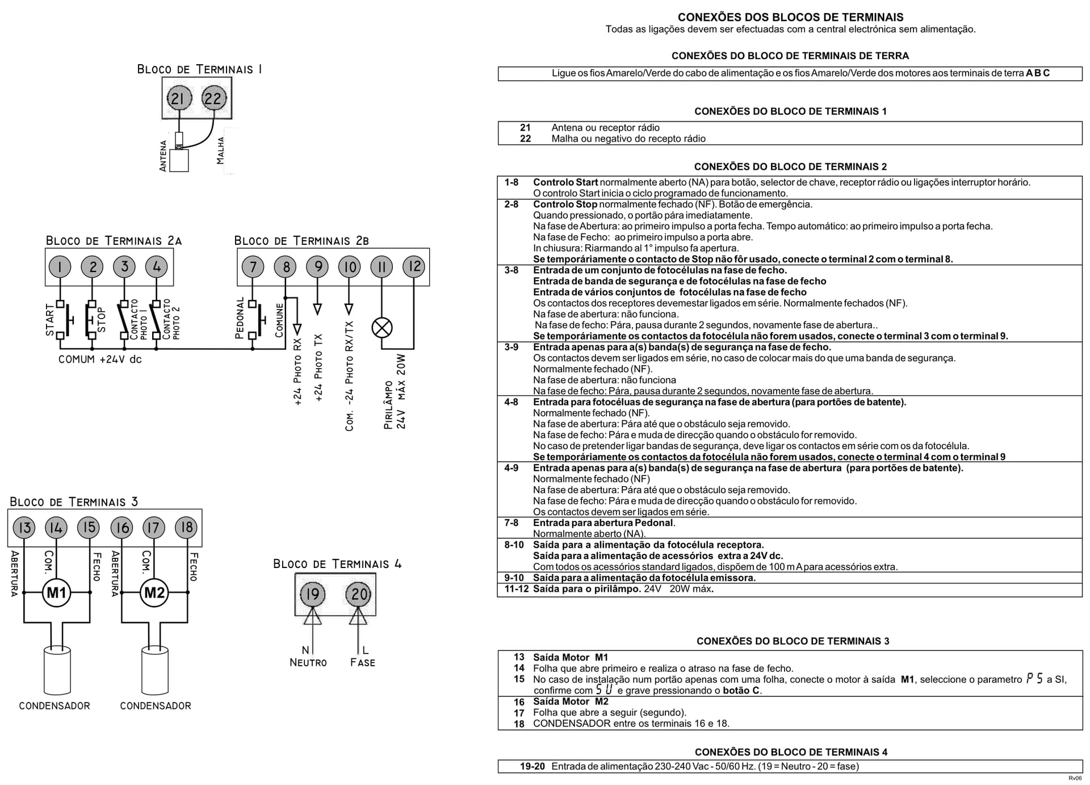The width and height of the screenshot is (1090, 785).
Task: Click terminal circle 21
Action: (x=178, y=99)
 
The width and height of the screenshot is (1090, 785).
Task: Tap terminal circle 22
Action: (x=213, y=99)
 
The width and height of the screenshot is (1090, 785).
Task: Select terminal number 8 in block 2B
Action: (x=286, y=266)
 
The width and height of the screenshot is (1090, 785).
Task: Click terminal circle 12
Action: (x=414, y=266)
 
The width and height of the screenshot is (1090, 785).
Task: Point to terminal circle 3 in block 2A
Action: (x=124, y=266)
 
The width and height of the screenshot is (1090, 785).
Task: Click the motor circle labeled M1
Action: (x=56, y=593)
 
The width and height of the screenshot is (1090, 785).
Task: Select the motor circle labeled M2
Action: (x=154, y=593)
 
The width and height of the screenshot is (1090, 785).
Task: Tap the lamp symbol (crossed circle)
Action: (x=382, y=328)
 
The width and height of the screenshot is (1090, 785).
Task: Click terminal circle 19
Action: (x=312, y=594)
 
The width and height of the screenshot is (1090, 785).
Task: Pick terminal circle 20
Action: (x=358, y=594)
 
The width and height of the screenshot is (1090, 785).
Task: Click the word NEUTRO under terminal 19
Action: (x=308, y=663)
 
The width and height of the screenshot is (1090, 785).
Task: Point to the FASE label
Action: (x=363, y=663)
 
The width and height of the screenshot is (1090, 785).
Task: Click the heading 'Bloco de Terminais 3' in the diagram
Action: (x=74, y=502)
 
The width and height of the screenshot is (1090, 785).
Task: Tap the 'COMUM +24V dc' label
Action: (x=100, y=360)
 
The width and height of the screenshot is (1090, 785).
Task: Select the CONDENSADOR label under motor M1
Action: (x=54, y=706)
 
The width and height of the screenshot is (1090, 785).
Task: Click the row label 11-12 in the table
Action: (x=517, y=589)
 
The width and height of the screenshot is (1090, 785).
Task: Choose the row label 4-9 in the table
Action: (x=512, y=468)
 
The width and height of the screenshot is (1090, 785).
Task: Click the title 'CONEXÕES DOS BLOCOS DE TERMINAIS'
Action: (x=791, y=17)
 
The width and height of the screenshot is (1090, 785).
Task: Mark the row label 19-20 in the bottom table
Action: (x=533, y=766)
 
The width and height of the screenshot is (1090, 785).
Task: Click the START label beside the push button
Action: (x=50, y=320)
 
